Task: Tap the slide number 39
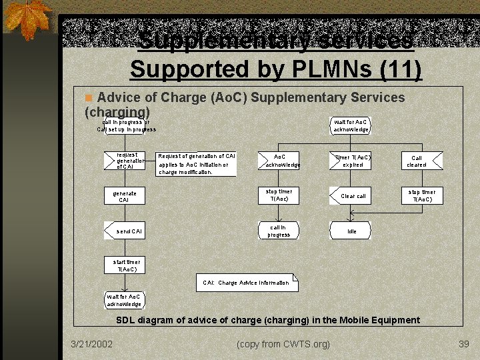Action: pos(464,344)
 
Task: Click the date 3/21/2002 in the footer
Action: pos(92,344)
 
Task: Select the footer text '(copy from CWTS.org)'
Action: pos(283,344)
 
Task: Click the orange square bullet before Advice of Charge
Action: pos(89,98)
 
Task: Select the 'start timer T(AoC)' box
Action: pos(124,265)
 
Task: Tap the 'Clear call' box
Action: pos(352,196)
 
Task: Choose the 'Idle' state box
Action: pos(351,231)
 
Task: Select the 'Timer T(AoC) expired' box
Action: pos(352,161)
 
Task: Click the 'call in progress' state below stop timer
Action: pos(279,231)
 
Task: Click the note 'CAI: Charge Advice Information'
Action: pos(247,283)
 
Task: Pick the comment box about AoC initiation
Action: pos(196,164)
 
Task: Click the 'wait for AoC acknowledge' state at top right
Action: pos(351,125)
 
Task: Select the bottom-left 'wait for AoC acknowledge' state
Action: pos(124,300)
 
